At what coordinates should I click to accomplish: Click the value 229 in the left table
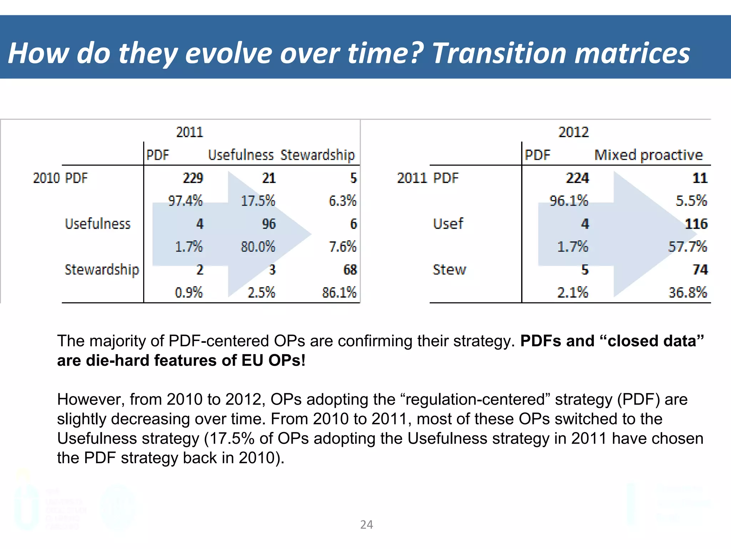pyautogui.click(x=193, y=178)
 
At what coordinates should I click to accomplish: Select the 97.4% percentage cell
pyautogui.click(x=185, y=201)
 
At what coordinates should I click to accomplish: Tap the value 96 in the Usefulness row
pyautogui.click(x=269, y=224)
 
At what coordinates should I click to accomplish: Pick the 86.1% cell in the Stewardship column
pyautogui.click(x=339, y=293)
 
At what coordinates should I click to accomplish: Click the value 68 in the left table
pyautogui.click(x=350, y=270)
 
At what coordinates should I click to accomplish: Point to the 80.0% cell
pyautogui.click(x=258, y=247)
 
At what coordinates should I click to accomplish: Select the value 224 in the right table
pyautogui.click(x=577, y=178)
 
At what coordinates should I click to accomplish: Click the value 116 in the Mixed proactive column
pyautogui.click(x=696, y=224)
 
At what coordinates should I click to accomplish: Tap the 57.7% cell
pyautogui.click(x=687, y=247)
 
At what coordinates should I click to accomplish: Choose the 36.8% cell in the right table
pyautogui.click(x=688, y=293)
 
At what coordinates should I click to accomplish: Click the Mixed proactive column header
pyautogui.click(x=648, y=155)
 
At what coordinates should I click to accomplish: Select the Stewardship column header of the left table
pyautogui.click(x=318, y=155)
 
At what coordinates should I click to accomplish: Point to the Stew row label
pyautogui.click(x=449, y=270)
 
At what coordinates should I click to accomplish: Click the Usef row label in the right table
pyautogui.click(x=448, y=224)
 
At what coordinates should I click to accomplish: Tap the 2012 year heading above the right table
pyautogui.click(x=573, y=132)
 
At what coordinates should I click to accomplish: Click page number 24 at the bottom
pyautogui.click(x=367, y=525)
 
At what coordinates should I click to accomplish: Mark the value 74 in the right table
pyautogui.click(x=700, y=270)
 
